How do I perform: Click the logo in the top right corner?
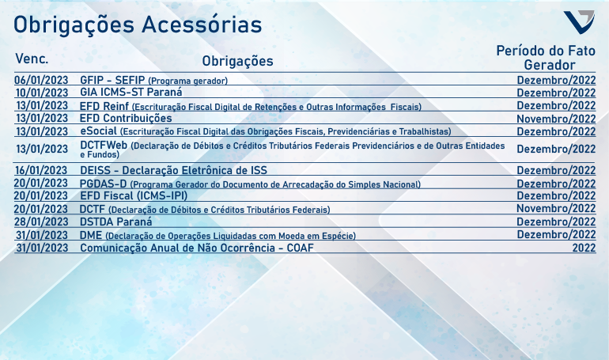579,21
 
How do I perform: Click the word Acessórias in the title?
202,25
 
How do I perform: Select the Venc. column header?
32,59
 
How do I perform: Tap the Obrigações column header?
238,62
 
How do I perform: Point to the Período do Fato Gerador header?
546,58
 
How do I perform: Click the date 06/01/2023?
41,80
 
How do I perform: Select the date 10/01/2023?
42,93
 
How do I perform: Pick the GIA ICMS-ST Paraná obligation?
130,92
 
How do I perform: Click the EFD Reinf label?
104,106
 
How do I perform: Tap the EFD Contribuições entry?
126,118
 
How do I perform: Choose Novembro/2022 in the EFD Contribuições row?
556,119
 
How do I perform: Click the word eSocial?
98,131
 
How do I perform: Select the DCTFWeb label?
104,145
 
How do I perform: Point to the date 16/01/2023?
41,170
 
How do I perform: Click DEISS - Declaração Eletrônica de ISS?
174,170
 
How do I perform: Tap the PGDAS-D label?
104,184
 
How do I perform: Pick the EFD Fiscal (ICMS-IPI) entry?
134,195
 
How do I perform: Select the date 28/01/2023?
41,222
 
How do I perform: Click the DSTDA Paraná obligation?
115,222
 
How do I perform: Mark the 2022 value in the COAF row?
584,248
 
